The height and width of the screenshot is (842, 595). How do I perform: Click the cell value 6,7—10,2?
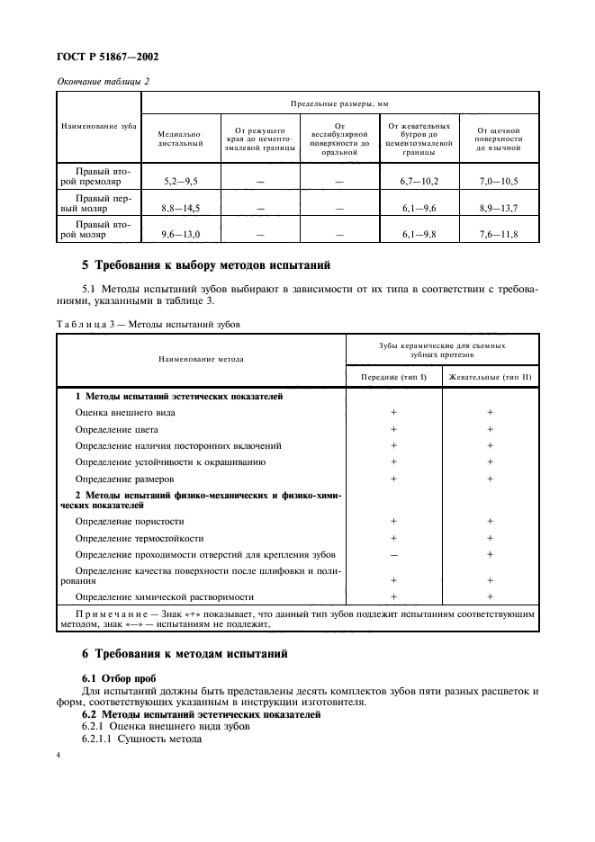pyautogui.click(x=419, y=182)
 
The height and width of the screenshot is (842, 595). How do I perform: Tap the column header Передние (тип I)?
pyautogui.click(x=393, y=376)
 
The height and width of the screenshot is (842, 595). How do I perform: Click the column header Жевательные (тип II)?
pyautogui.click(x=491, y=376)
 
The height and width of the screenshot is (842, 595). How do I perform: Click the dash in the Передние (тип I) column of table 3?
pyautogui.click(x=393, y=554)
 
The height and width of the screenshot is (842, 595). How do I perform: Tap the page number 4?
pyautogui.click(x=59, y=757)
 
